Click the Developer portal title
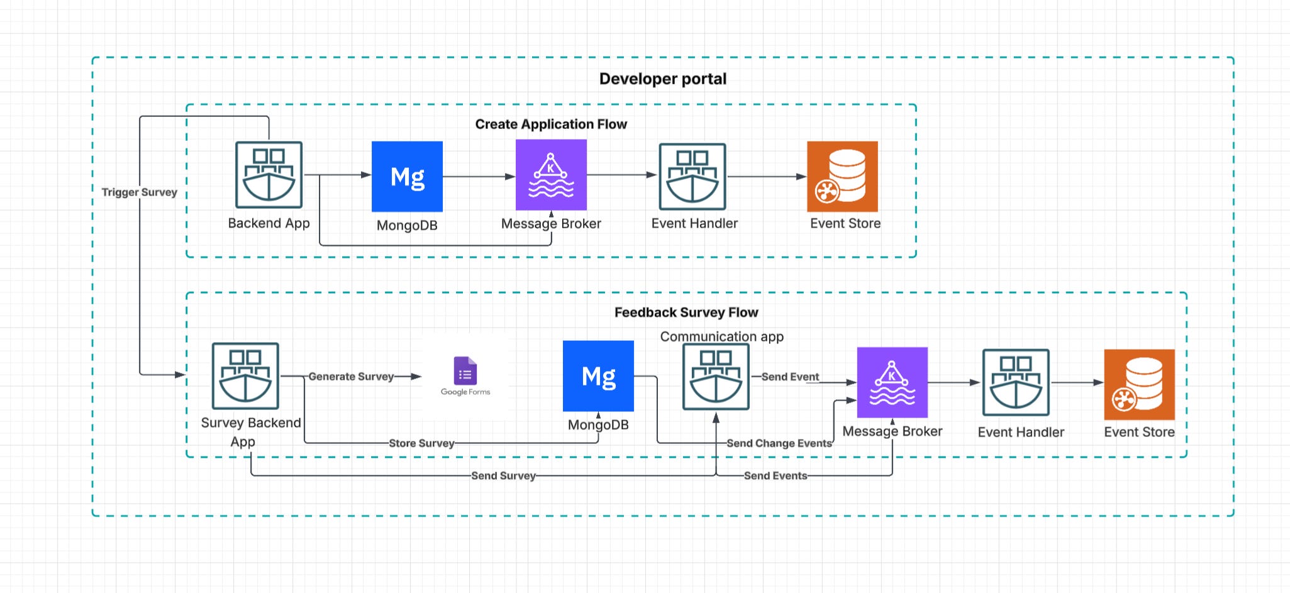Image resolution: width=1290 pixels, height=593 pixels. [x=662, y=79]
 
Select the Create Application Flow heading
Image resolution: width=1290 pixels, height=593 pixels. [x=551, y=125]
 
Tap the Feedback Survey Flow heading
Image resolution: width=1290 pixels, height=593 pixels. [x=686, y=313]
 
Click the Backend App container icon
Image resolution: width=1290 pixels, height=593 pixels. [x=269, y=175]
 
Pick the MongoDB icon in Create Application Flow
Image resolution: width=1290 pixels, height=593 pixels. [x=407, y=177]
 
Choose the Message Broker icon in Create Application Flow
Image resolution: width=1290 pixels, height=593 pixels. [x=551, y=175]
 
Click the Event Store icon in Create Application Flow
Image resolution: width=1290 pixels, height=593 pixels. [x=842, y=177]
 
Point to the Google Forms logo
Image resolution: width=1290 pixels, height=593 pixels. [x=465, y=376]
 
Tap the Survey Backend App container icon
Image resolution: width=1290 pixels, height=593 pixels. [x=245, y=376]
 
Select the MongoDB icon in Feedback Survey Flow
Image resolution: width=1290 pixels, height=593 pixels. [x=598, y=376]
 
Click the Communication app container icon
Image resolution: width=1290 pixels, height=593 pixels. [x=716, y=377]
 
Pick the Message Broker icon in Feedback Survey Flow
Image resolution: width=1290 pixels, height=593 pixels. [x=892, y=382]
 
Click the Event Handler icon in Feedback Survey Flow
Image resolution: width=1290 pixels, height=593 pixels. [x=1016, y=382]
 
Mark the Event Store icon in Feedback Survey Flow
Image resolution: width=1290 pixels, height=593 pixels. [x=1139, y=384]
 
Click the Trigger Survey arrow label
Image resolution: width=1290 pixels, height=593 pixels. [x=140, y=192]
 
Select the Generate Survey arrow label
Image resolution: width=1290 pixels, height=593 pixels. [x=351, y=377]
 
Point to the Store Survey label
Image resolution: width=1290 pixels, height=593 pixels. [x=421, y=443]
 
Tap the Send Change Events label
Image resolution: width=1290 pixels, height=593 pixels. [x=779, y=443]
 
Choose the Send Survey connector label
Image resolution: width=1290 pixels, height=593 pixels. [x=503, y=476]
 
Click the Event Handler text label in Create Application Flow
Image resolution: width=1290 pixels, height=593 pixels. [x=694, y=223]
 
